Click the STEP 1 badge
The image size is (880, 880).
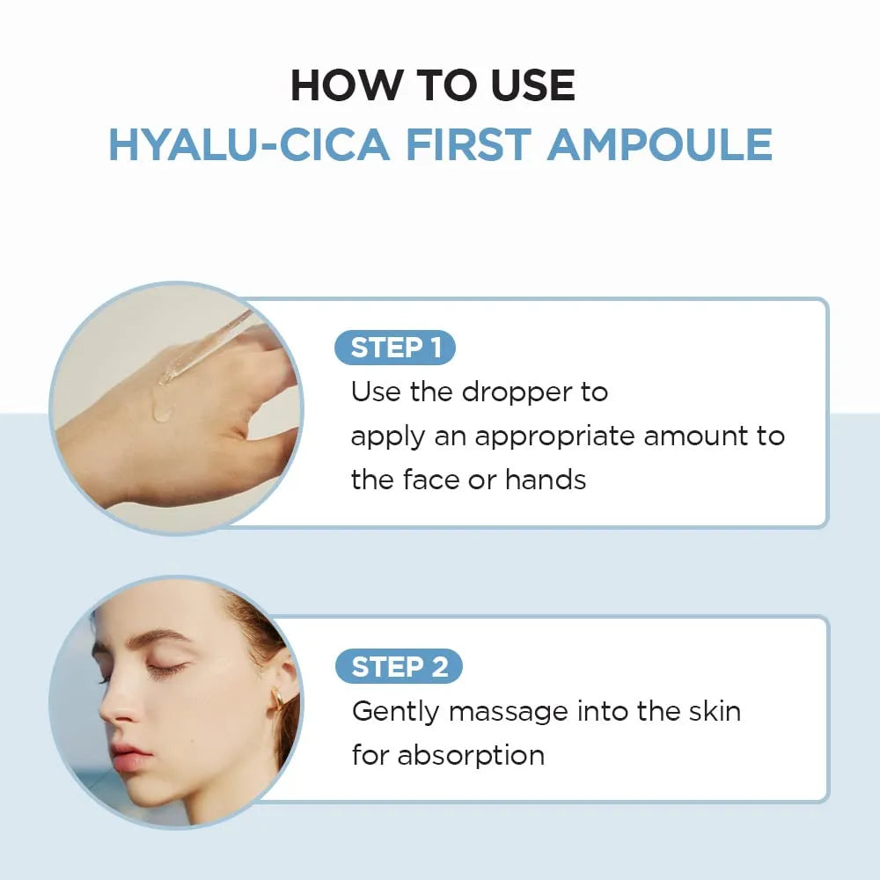point(395,348)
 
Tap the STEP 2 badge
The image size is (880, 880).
point(399,667)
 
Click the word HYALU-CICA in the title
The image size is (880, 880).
point(248,144)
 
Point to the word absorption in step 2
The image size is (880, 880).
point(470,755)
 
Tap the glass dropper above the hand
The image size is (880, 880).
point(202,348)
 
